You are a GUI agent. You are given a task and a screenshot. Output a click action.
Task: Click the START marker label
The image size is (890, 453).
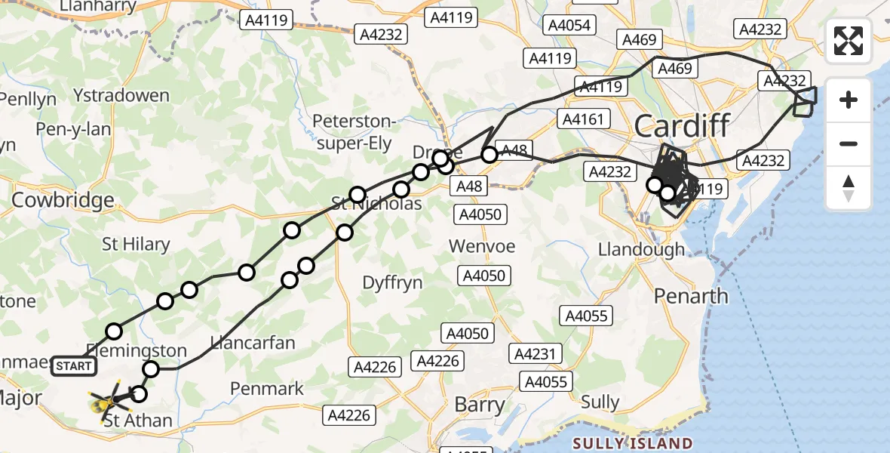pyautogui.click(x=74, y=367)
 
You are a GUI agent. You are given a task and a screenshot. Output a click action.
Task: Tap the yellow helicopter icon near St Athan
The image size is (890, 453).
pyautogui.click(x=102, y=405)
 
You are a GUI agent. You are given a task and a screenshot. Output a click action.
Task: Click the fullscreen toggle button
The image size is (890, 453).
pyautogui.click(x=849, y=41)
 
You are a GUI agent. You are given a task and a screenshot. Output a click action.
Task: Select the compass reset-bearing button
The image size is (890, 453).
pyautogui.click(x=849, y=188)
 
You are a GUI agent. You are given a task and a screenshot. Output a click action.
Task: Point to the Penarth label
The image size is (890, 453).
pyautogui.click(x=692, y=295)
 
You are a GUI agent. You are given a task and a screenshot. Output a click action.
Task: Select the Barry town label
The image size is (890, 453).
pyautogui.click(x=480, y=405)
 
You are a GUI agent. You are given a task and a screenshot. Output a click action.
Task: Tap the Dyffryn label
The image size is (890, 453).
pyautogui.click(x=392, y=282)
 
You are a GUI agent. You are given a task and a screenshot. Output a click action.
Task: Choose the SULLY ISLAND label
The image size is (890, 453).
pyautogui.click(x=632, y=443)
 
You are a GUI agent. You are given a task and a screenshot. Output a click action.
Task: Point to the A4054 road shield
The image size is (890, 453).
pyautogui.click(x=569, y=26)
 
